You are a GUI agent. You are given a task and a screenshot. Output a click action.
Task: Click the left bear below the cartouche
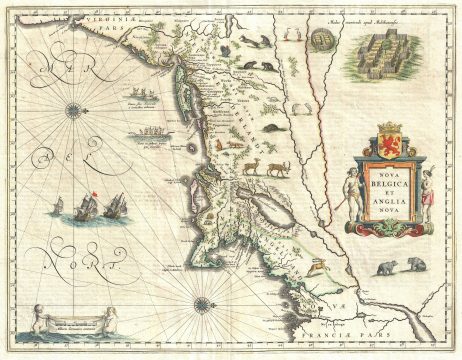387,267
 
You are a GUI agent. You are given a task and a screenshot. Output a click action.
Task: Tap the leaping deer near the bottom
316,266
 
